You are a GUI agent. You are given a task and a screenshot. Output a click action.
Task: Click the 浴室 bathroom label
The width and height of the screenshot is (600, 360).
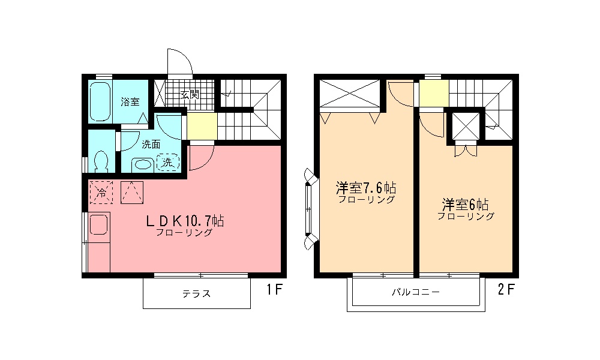point(130,101)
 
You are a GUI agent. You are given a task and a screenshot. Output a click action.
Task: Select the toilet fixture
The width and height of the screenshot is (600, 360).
point(101,160)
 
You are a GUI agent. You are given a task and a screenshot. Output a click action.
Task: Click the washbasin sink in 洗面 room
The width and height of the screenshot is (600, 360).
point(142,163)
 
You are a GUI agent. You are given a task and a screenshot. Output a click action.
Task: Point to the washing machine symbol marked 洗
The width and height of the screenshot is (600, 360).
point(169,162)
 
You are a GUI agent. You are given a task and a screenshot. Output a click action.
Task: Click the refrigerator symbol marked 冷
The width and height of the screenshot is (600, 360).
point(101,193)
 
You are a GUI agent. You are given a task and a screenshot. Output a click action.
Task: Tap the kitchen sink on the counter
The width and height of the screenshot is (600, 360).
point(98,226)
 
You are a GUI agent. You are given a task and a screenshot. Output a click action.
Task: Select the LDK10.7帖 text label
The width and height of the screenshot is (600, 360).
point(184,221)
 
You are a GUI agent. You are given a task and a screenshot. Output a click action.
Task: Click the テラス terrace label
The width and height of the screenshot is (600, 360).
point(196,294)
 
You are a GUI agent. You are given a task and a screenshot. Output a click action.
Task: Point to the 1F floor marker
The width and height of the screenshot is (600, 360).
point(274,290)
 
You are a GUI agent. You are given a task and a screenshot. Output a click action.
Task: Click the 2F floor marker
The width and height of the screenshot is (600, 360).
point(505,290)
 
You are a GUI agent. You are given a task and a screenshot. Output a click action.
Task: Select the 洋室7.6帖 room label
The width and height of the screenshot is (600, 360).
point(365,188)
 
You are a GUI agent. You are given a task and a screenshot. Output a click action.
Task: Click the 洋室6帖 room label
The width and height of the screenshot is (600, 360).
point(466,204)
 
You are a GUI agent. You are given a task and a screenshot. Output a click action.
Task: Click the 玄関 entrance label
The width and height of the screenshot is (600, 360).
point(190,94)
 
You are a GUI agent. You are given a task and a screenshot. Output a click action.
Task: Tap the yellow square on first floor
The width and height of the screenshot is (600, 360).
point(202,126)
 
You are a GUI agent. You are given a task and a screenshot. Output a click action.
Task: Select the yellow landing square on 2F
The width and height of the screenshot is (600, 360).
point(433,92)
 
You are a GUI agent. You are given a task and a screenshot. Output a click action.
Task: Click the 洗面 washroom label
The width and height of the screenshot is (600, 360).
point(151,144)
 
